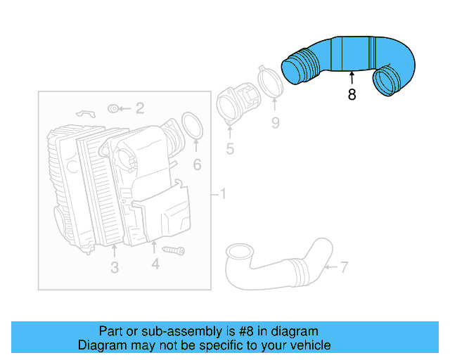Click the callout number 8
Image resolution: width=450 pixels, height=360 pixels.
coord(352,94)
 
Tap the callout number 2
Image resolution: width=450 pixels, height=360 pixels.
coord(140,108)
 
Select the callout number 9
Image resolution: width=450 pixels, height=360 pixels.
coord(275,123)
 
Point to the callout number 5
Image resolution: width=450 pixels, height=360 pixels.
coord(230,148)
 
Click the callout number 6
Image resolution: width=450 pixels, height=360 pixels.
coord(197,165)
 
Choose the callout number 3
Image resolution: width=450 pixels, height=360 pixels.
coord(115,267)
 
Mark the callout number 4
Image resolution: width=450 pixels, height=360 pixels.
coord(155,264)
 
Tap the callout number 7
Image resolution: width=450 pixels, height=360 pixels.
coord(344,266)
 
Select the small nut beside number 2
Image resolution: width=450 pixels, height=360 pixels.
coord(113,108)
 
